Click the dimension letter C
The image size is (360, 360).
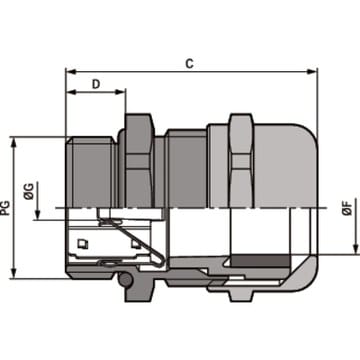tap(189, 63)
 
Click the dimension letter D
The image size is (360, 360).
tap(96, 84)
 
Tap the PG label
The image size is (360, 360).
tap(5, 208)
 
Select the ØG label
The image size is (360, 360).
tap(29, 192)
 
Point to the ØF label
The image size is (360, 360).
tap(348, 208)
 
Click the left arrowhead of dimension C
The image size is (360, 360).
tap(71, 71)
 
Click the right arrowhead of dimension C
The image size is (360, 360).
tap(312, 71)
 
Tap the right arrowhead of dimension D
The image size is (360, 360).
tap(120, 92)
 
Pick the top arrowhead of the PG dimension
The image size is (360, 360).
tap(14, 142)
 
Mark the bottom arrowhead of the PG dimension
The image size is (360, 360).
tap(14, 273)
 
